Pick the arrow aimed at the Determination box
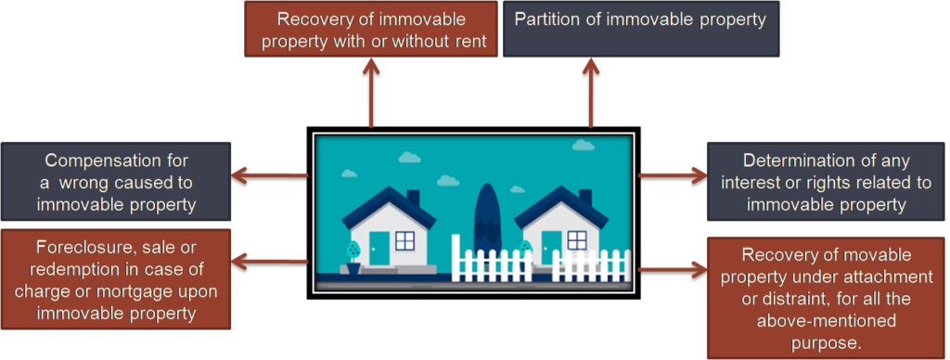click(674, 176)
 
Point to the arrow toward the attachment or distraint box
click(674, 268)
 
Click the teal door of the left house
click(379, 248)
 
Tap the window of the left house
click(404, 240)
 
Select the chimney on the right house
click(585, 199)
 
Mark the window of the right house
click(577, 240)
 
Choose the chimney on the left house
click(413, 199)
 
